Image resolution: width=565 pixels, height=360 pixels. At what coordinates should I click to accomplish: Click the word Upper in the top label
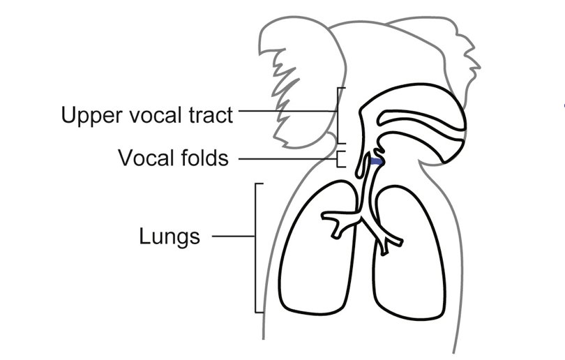(x=89, y=115)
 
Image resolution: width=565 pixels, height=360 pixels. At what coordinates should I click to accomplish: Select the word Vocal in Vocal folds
(x=145, y=158)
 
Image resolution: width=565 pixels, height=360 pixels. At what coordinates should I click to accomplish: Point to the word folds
(x=202, y=158)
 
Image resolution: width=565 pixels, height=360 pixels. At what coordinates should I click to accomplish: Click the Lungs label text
(x=169, y=237)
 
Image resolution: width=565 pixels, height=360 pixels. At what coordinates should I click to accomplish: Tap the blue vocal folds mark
(x=376, y=163)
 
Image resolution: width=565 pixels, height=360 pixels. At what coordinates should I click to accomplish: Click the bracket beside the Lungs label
(x=257, y=248)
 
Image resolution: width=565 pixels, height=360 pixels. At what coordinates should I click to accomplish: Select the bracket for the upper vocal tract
(x=340, y=115)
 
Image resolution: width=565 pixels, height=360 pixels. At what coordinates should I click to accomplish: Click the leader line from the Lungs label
(x=233, y=236)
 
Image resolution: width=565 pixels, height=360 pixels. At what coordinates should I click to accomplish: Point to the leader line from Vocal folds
(x=286, y=158)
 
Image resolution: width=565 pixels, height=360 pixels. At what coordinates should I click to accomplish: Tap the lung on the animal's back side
(x=412, y=272)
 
